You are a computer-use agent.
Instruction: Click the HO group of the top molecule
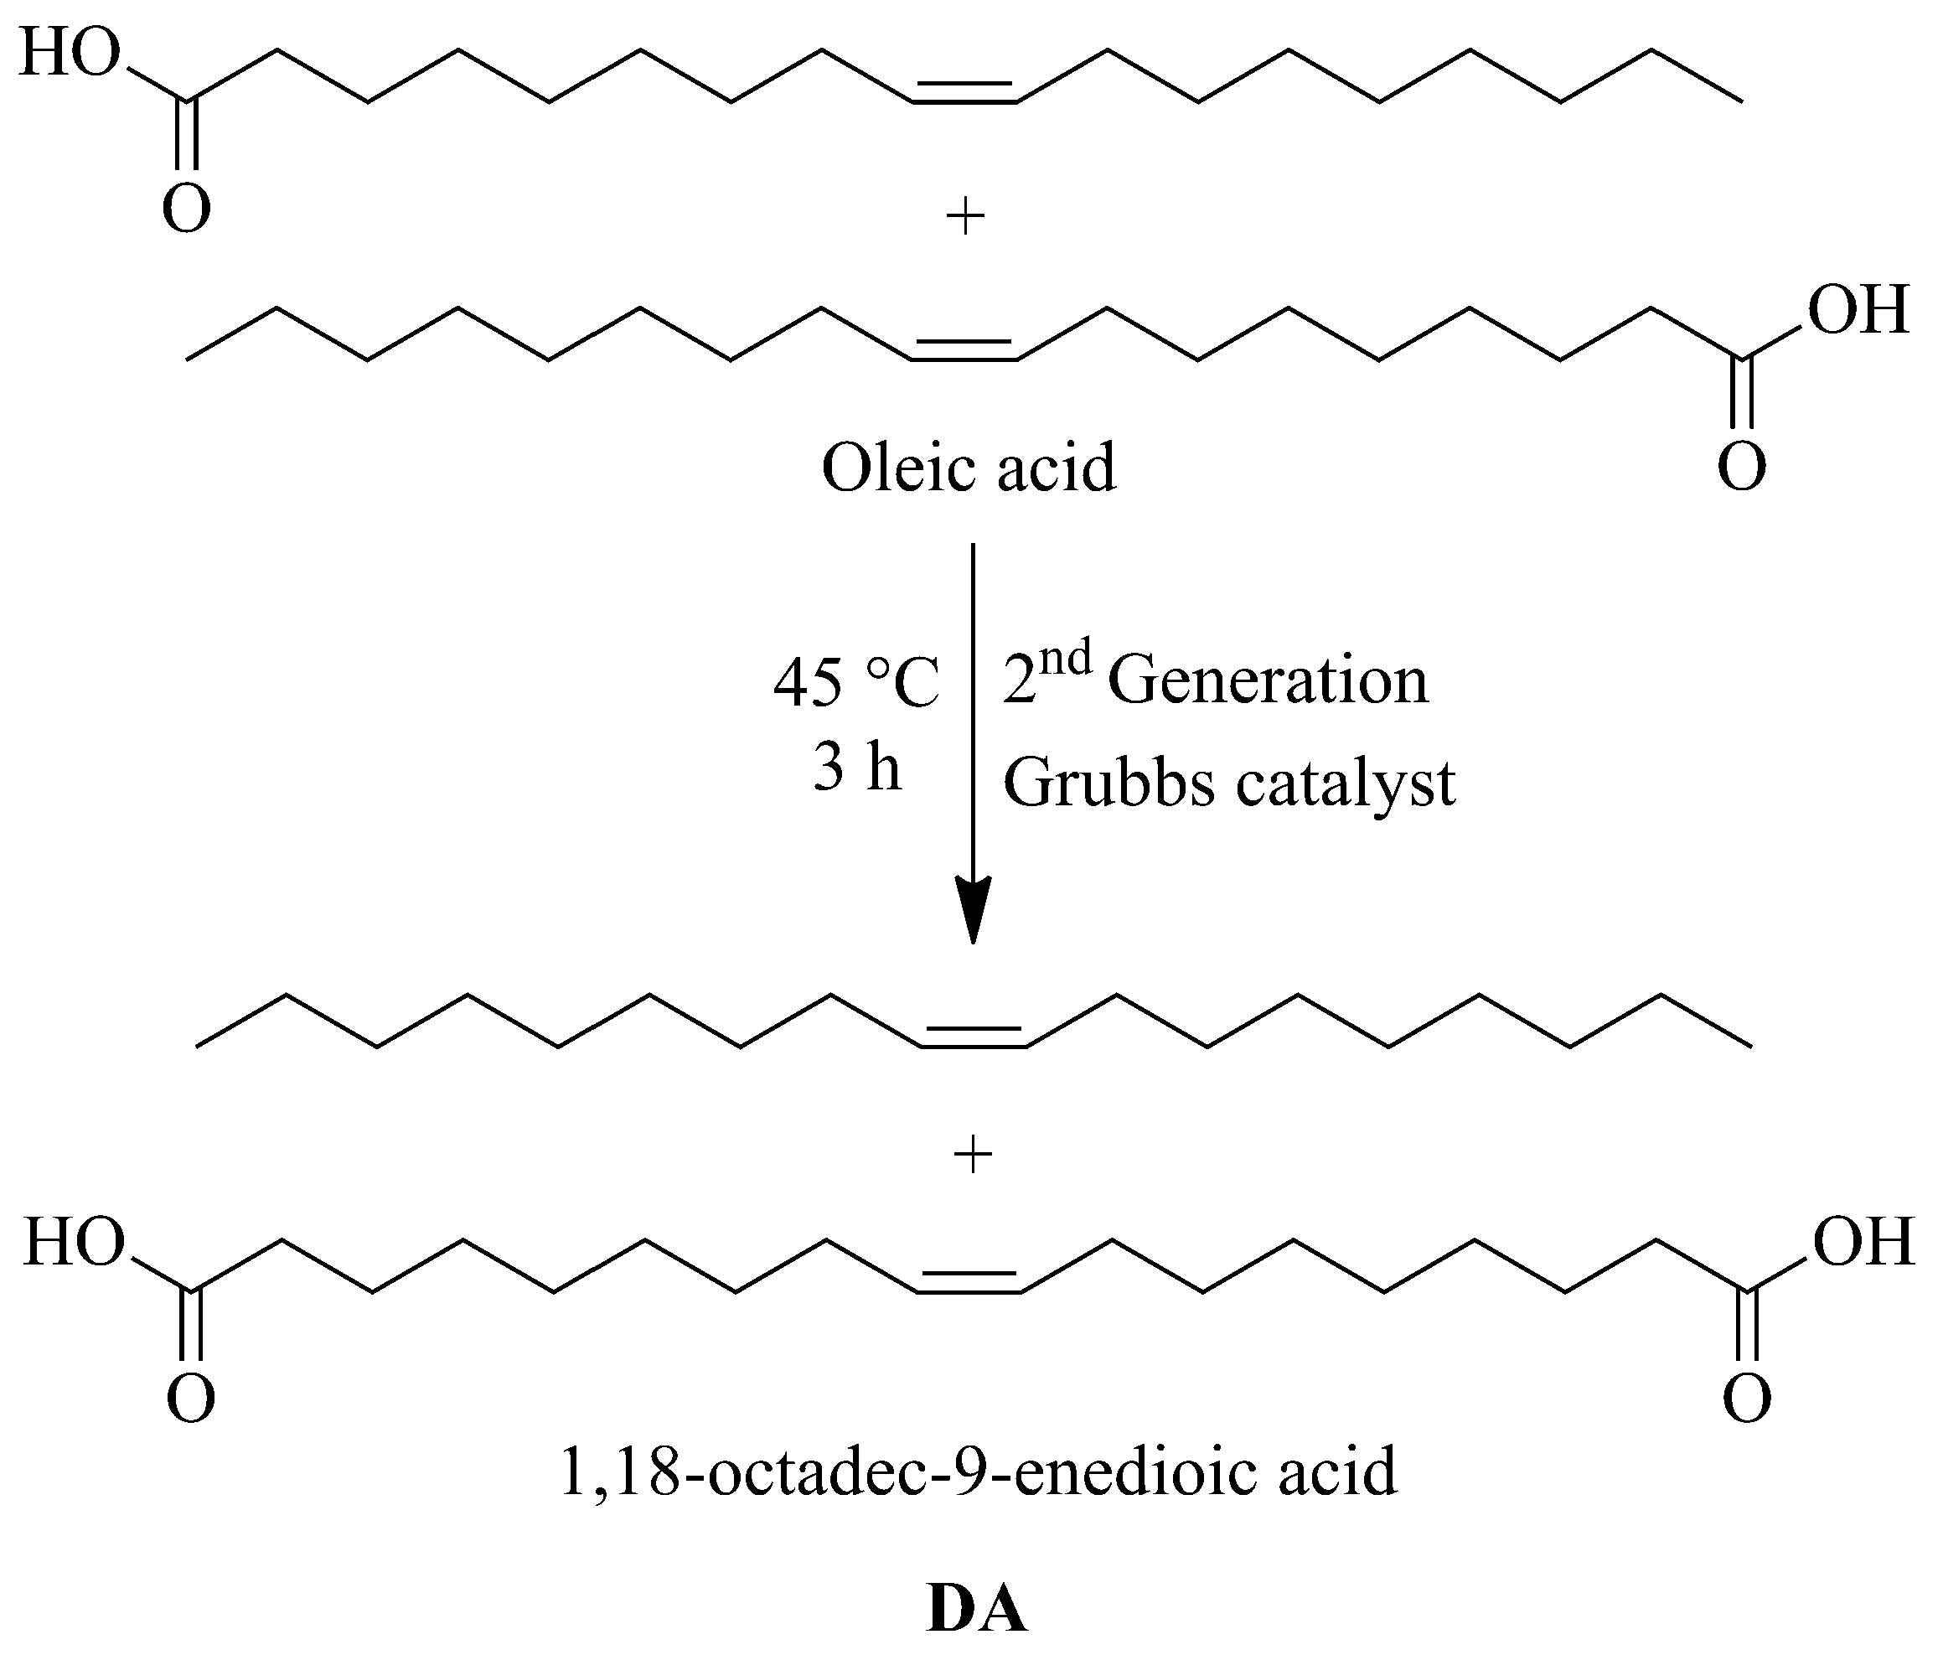(x=70, y=54)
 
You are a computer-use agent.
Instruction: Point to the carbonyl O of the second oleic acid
(x=1741, y=467)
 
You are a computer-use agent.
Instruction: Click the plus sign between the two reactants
(x=966, y=219)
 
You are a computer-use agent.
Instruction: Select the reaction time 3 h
(x=856, y=771)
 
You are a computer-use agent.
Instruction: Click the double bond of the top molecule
(x=965, y=94)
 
